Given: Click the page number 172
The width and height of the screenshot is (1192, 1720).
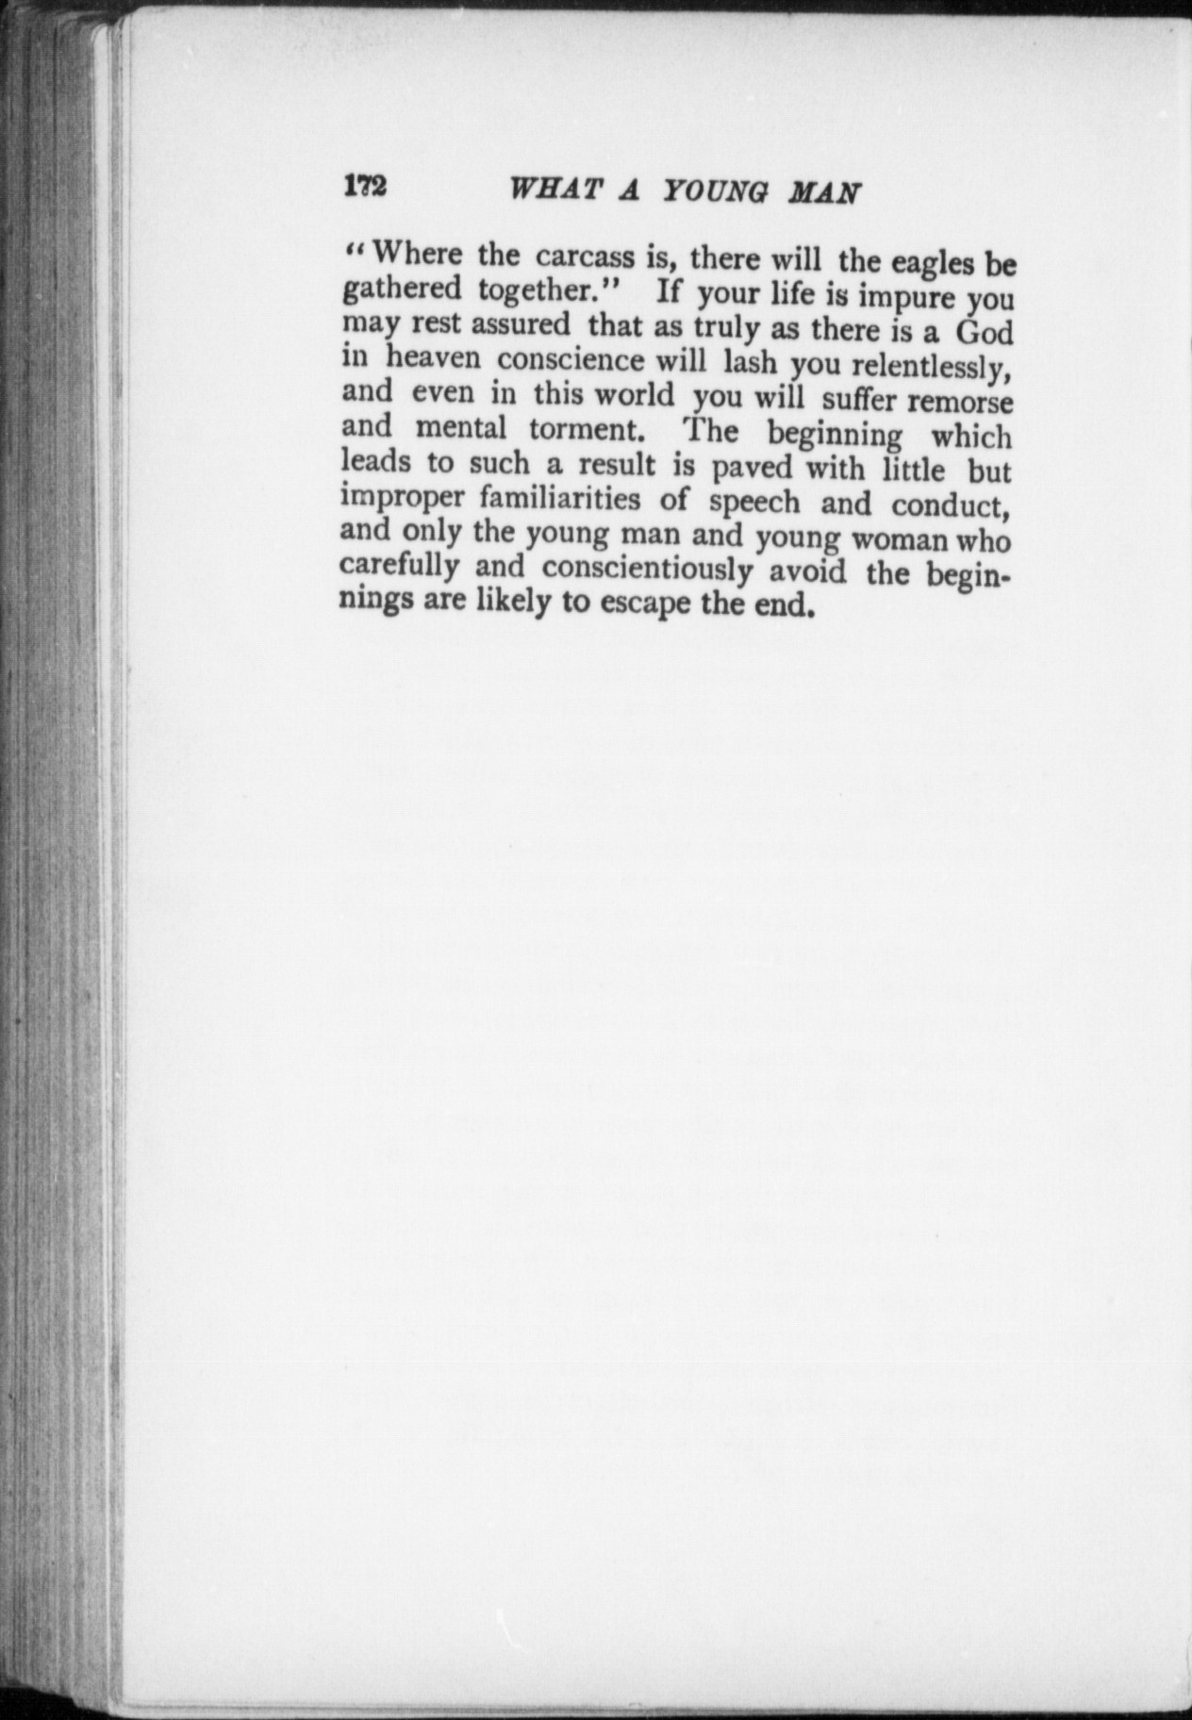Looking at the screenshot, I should point(365,185).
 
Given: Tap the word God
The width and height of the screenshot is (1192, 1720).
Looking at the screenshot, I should point(985,332).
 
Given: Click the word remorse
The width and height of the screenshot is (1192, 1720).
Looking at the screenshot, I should point(960,402).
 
